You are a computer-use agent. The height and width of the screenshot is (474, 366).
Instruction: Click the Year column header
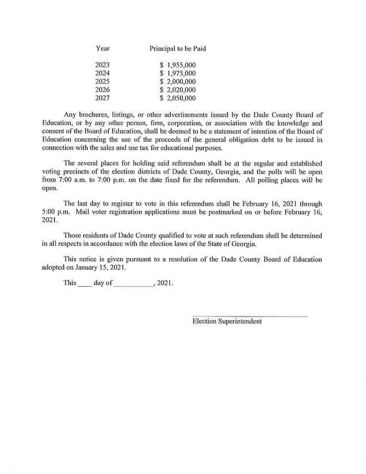[x=102, y=49]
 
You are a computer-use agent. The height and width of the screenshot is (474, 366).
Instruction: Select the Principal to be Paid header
[x=178, y=49]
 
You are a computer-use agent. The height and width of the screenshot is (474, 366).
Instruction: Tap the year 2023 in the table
[x=102, y=65]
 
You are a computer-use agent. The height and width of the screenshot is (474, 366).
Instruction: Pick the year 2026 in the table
[x=102, y=90]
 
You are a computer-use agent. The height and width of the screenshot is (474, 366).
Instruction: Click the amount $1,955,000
[x=178, y=65]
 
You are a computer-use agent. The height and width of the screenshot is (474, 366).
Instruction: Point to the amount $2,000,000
[x=178, y=82]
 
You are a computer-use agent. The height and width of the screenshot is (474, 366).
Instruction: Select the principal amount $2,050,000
[x=178, y=98]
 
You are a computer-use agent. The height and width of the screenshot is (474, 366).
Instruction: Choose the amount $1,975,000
[x=178, y=74]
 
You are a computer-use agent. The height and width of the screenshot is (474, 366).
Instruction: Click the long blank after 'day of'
[x=133, y=284]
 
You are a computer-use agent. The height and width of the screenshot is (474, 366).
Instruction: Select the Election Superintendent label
[x=227, y=321]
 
